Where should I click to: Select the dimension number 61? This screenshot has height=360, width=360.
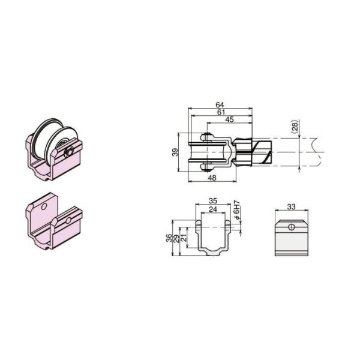(219, 112)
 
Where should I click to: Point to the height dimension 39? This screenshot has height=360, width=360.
(175, 153)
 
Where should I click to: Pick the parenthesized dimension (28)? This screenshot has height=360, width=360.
(294, 127)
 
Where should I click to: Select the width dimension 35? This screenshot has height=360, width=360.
(212, 202)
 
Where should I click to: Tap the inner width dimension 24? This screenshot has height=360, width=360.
(212, 209)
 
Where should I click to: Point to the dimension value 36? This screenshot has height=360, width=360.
(169, 238)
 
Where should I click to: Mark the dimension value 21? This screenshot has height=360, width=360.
(183, 238)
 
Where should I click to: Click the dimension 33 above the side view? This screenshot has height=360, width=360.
(291, 206)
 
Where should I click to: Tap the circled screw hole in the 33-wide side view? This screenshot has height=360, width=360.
(291, 227)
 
